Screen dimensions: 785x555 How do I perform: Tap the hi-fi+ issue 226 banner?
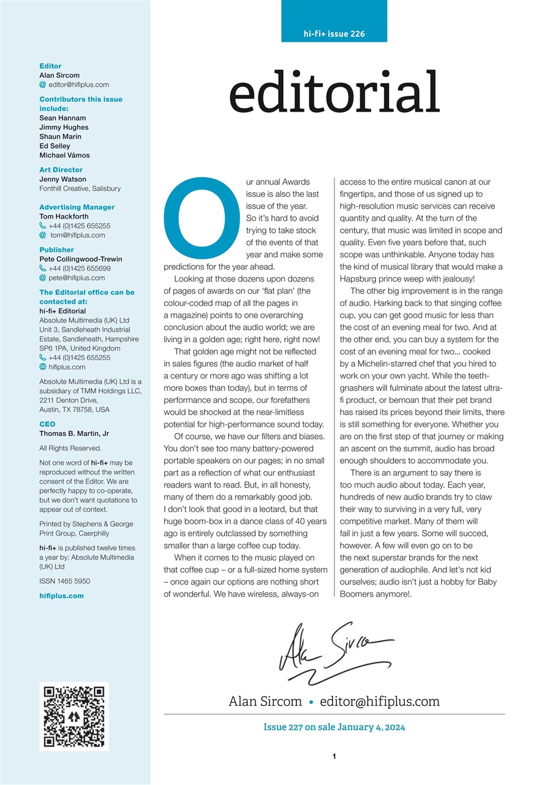point(334,34)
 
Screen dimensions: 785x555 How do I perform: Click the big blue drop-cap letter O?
point(197,218)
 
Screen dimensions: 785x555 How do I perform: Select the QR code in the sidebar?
point(74,716)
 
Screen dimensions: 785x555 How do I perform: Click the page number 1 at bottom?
point(334,757)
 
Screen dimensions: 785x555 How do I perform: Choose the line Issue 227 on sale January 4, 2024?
point(334,727)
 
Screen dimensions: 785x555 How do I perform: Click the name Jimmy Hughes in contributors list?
point(64,127)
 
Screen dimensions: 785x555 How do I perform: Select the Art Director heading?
point(61,170)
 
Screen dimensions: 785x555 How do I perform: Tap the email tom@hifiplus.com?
point(77,235)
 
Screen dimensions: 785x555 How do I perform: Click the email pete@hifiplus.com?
point(77,278)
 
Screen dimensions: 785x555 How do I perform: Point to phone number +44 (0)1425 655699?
point(79,269)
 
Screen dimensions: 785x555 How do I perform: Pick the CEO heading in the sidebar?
point(47,424)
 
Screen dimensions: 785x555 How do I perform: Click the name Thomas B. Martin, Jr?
point(74,434)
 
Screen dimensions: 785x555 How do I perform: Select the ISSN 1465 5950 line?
point(64,580)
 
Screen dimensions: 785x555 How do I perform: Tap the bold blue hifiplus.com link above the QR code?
point(61,595)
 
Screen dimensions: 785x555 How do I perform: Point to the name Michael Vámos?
point(64,155)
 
